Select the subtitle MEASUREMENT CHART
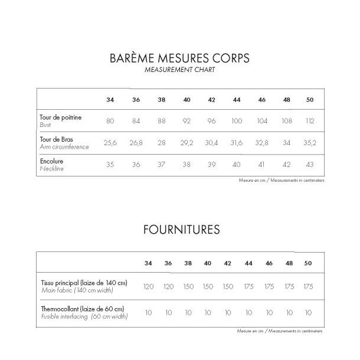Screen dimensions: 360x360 coord(180,70)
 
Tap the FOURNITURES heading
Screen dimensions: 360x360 coord(180,229)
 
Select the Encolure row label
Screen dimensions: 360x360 coord(51,161)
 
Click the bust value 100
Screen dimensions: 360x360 coord(237,121)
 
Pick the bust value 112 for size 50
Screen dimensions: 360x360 coord(310,121)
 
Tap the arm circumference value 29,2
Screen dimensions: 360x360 coord(186,143)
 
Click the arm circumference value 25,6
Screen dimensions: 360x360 coord(110,143)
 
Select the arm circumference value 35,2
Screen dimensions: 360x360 coord(310,143)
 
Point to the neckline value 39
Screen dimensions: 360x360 coord(212,165)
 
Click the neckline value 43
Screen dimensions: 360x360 coord(310,165)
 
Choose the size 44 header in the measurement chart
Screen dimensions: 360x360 coord(237,99)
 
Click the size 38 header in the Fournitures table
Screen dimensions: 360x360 coord(188,263)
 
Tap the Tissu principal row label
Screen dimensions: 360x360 coord(84,283)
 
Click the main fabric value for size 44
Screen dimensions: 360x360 coord(248,286)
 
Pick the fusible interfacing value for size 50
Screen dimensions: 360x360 coord(307,312)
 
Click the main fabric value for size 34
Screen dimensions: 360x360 coord(149,286)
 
